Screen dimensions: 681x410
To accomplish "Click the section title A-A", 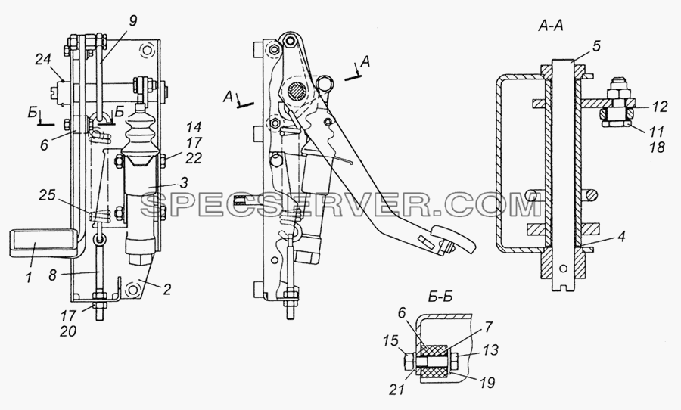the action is click(550, 27).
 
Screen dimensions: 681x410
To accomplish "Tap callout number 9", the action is click(133, 22).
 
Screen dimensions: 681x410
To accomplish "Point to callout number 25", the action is click(47, 195).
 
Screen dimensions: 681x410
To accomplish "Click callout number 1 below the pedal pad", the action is click(29, 277).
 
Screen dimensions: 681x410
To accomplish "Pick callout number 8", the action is click(53, 275).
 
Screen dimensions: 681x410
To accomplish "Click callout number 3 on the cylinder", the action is click(184, 183).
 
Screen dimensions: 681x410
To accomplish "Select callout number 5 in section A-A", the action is click(597, 46).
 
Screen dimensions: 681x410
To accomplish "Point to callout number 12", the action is click(659, 107).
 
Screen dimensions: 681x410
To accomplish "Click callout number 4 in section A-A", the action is click(621, 237).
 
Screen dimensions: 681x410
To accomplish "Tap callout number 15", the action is click(392, 341).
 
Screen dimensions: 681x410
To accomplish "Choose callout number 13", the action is click(490, 349).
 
